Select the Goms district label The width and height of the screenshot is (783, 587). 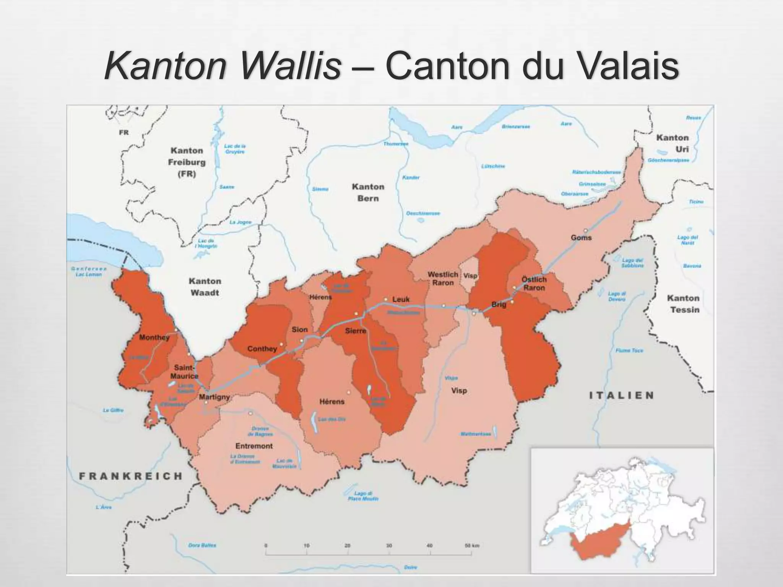tap(581, 238)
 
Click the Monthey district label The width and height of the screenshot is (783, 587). tap(154, 337)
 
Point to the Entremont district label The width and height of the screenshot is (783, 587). tap(254, 446)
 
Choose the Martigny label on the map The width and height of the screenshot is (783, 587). tap(214, 397)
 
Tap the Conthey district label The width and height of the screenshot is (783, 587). tap(262, 349)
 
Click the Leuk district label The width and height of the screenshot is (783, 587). tap(401, 300)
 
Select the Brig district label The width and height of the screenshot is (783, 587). tap(499, 305)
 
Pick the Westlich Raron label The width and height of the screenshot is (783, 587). tap(443, 279)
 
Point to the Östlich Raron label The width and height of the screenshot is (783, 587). tap(534, 284)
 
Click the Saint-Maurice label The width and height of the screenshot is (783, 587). tap(185, 371)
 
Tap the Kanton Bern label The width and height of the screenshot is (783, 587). tap(368, 192)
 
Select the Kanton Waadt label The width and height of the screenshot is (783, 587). tap(205, 287)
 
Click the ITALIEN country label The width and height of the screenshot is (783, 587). tap(621, 395)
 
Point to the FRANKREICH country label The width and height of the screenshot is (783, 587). tap(131, 476)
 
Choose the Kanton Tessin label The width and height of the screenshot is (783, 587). tap(683, 304)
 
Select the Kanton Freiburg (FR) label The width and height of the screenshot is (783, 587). tap(187, 162)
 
